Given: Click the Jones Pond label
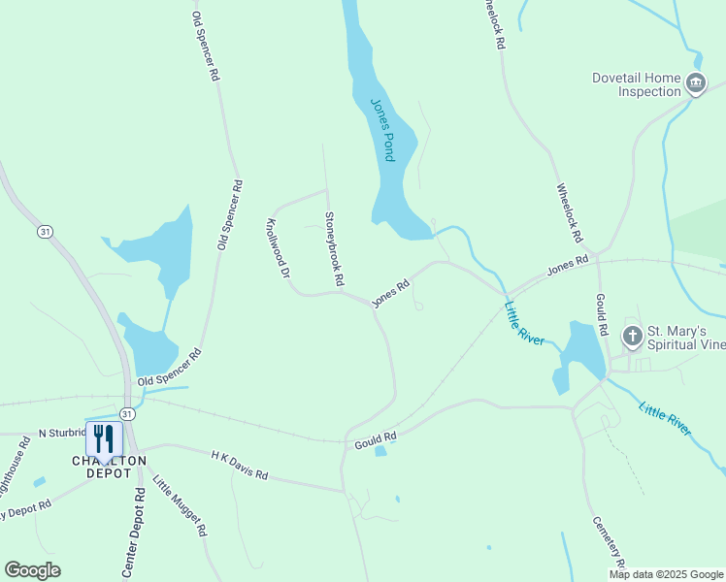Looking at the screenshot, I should point(382,128).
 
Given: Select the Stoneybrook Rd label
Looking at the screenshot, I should point(335,249).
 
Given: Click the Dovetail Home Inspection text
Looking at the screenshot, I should point(637,84).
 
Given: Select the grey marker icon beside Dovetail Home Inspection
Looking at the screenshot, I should point(696,84).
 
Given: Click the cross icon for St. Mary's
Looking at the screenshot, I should point(632,338).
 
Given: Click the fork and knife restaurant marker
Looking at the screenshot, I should point(105,438).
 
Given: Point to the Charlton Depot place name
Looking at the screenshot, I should point(108,466).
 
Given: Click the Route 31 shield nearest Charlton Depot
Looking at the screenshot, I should point(129,412).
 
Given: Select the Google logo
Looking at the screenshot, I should point(33,570).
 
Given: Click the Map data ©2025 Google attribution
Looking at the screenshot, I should point(666,574).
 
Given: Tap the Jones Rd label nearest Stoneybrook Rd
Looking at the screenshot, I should point(390,294).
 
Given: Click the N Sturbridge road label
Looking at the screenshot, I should point(62,432).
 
